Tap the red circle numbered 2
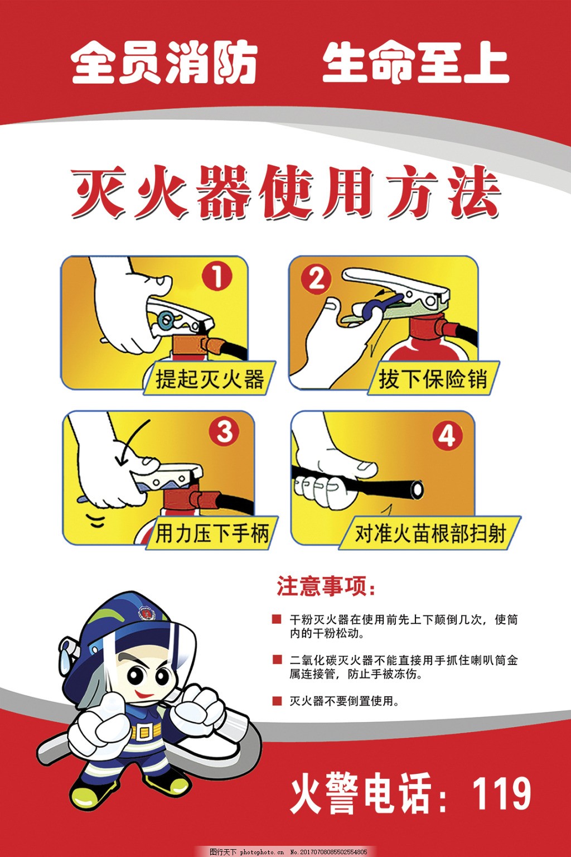(316, 280)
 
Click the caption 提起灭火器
(210, 379)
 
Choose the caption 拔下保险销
(433, 379)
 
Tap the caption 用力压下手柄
(212, 533)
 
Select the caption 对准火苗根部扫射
(430, 533)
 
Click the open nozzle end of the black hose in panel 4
(417, 489)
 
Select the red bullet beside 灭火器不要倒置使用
(277, 701)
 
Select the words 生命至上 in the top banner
(416, 62)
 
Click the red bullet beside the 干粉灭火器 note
(277, 619)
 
